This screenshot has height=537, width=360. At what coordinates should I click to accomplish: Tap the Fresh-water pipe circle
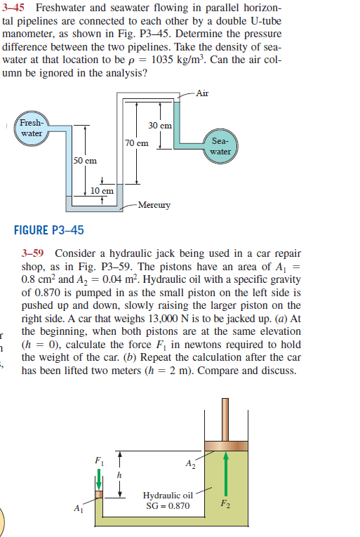tap(31, 127)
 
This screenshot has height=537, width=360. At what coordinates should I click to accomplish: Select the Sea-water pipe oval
tap(220, 146)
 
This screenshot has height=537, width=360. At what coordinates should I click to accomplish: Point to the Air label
tap(203, 93)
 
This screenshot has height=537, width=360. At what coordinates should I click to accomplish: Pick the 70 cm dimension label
tap(137, 142)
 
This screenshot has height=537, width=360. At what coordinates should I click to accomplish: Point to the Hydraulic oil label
tap(168, 495)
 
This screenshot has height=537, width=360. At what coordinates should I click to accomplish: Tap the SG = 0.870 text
tap(168, 505)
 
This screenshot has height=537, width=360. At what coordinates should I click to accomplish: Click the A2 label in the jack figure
tap(190, 464)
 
